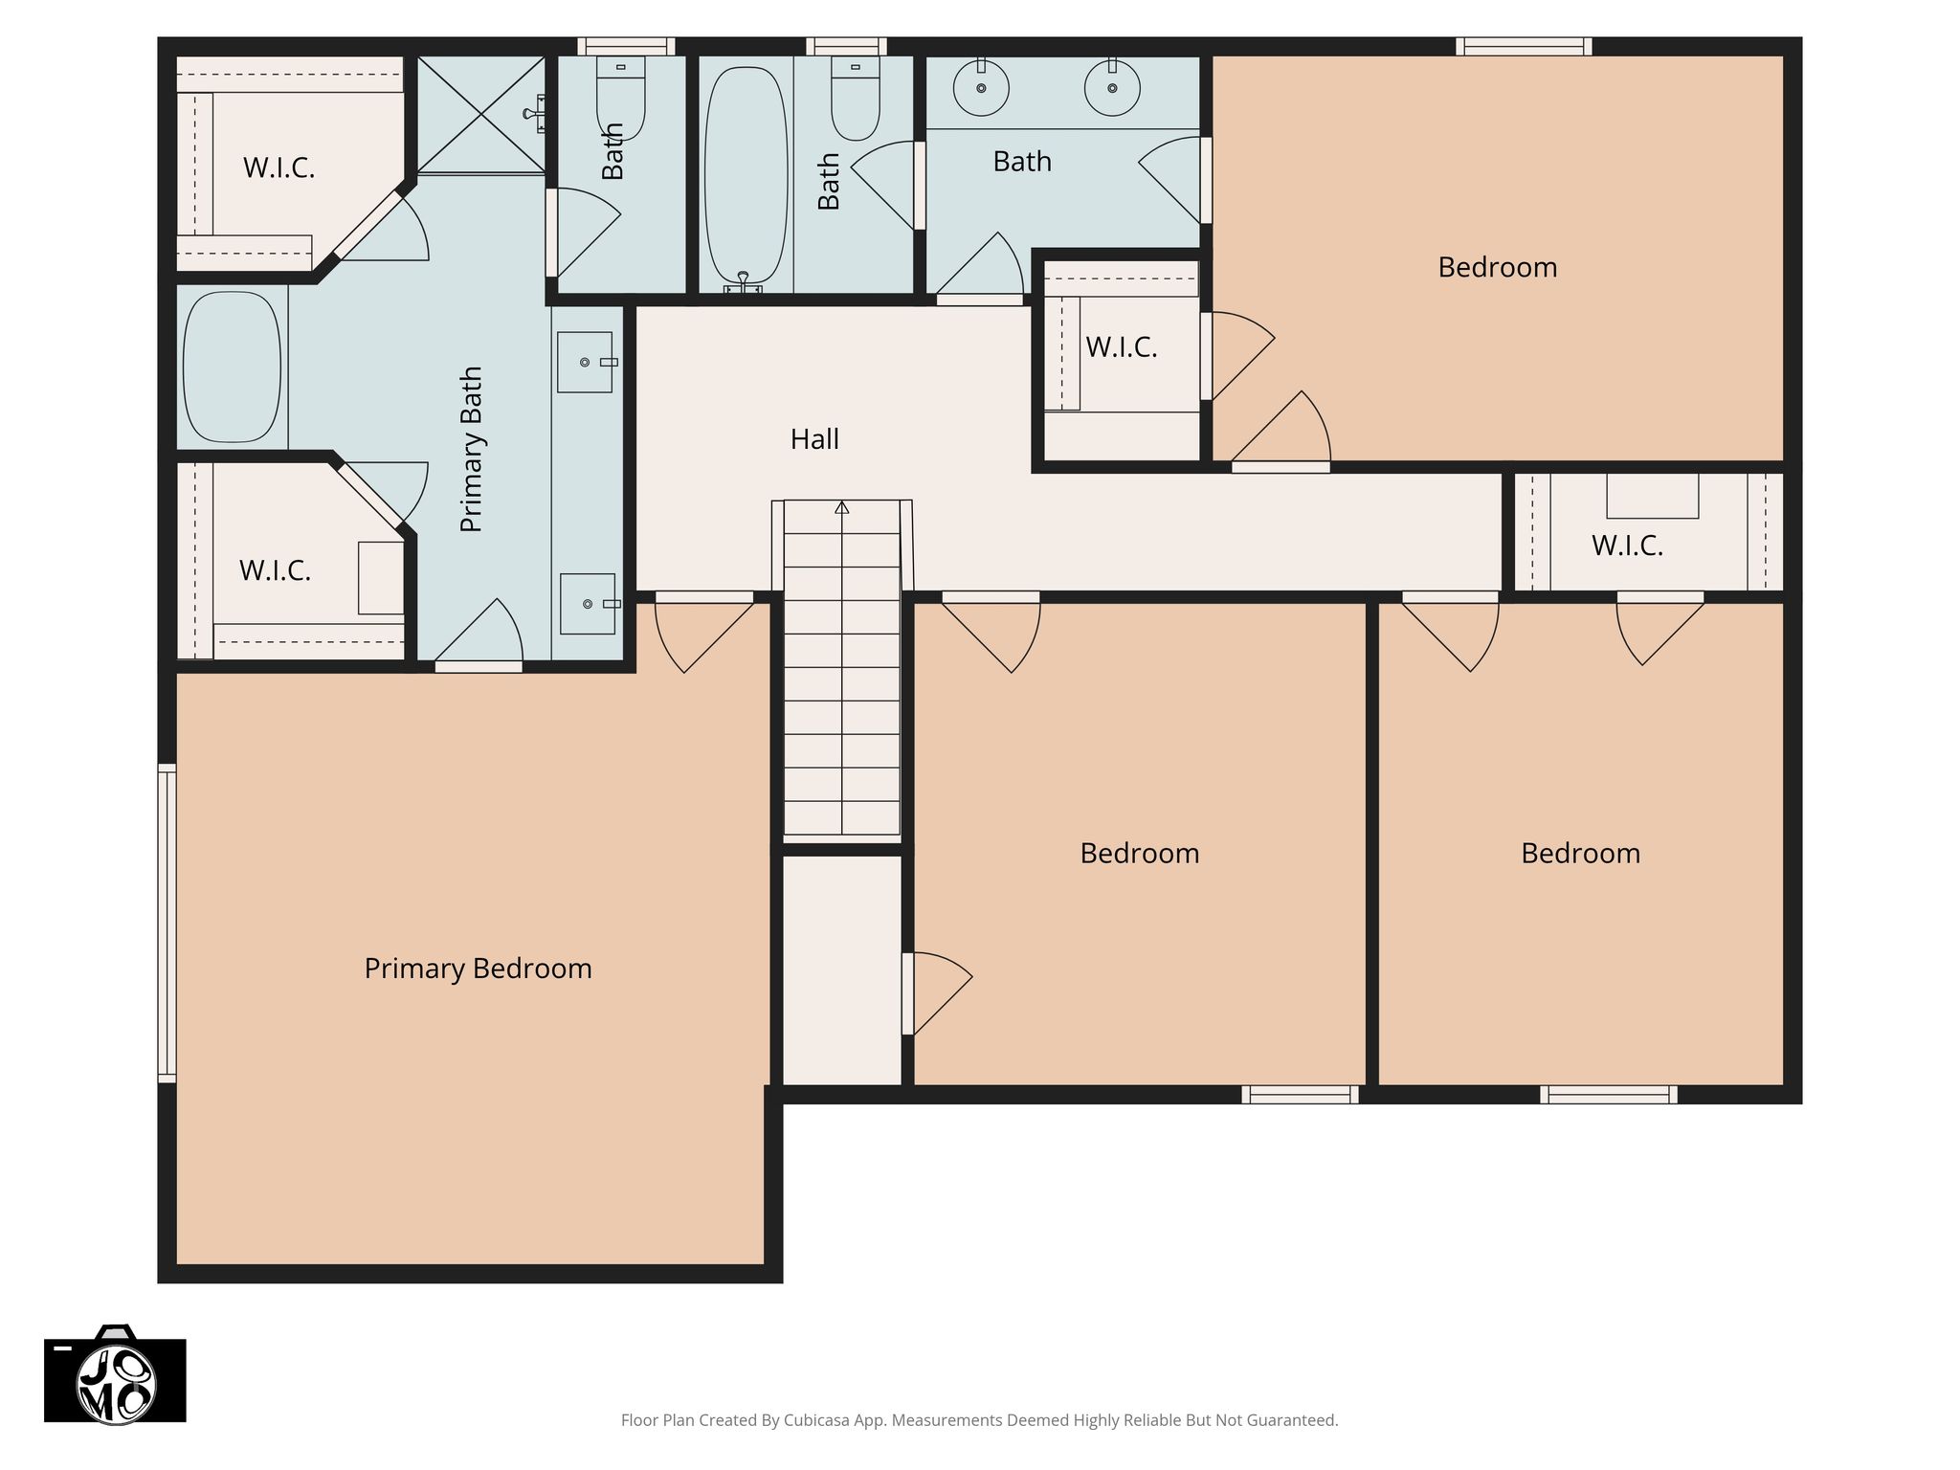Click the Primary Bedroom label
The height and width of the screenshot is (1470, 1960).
(x=478, y=969)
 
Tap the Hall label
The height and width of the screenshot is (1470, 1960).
(x=814, y=439)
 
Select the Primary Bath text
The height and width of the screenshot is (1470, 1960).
(x=471, y=449)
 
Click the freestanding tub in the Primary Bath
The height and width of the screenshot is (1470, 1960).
(x=232, y=367)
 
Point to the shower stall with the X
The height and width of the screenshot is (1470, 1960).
(x=481, y=115)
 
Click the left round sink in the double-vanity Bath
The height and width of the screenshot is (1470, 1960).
(x=981, y=87)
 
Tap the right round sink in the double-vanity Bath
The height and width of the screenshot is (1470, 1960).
(x=1112, y=87)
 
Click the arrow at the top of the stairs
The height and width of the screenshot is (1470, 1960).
(x=842, y=506)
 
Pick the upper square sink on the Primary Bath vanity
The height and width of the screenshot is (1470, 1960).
(x=585, y=362)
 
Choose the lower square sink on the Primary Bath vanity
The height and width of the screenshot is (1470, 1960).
(x=588, y=604)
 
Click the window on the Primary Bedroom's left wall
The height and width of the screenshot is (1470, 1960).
(x=167, y=923)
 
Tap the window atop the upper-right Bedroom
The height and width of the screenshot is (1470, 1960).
(x=1524, y=46)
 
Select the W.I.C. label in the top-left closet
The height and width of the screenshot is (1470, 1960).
(x=278, y=167)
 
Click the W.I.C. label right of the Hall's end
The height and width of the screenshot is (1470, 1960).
(x=1627, y=546)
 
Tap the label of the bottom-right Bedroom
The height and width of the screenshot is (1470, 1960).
(x=1580, y=853)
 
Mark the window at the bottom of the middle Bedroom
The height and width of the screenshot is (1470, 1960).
(x=1300, y=1095)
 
